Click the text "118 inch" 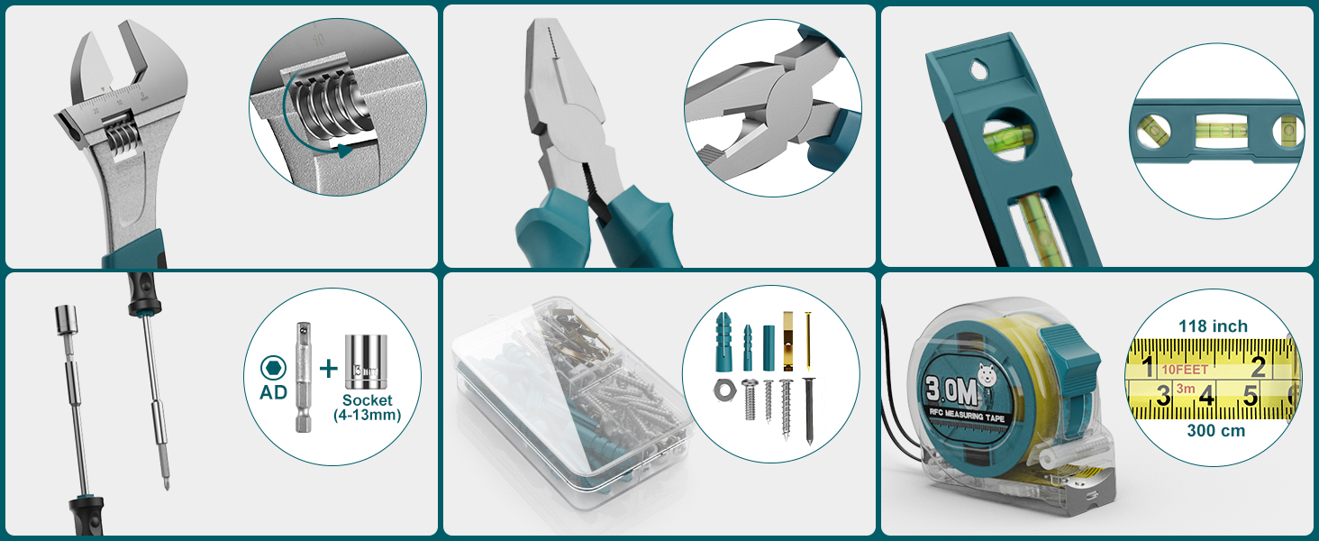pos(1214,326)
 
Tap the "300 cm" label pos(1215,431)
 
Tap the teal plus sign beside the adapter pos(329,367)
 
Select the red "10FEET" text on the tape pos(1184,369)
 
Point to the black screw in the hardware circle pos(809,407)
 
